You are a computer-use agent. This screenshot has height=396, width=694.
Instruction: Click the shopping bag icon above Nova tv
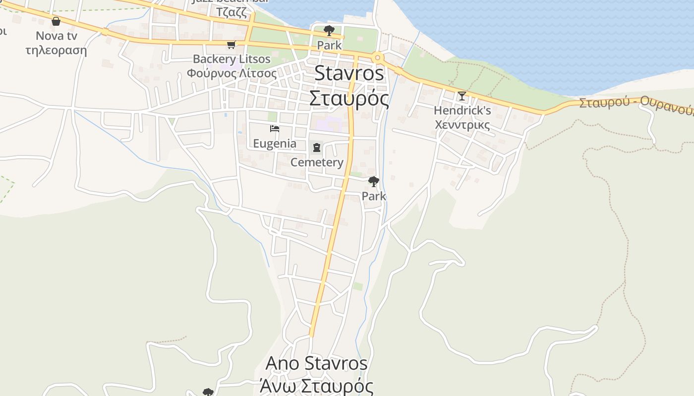[56, 21]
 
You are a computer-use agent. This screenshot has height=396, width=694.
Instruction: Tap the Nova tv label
[57, 36]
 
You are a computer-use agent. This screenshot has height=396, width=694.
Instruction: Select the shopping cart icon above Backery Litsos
[231, 45]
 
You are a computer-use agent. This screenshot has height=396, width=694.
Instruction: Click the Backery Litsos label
[231, 59]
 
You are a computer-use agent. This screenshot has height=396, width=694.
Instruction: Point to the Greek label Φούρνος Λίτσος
[231, 73]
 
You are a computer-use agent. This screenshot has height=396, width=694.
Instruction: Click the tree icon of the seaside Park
[329, 31]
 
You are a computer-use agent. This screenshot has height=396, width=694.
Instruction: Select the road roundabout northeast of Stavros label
[378, 57]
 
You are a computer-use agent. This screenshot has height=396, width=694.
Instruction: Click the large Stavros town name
[349, 73]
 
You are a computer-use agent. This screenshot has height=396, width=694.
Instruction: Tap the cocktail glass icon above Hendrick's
[462, 96]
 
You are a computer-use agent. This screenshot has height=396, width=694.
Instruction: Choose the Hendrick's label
[462, 110]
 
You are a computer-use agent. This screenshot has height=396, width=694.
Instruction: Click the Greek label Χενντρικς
[462, 124]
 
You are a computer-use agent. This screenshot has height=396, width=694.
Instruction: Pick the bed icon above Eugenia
[275, 129]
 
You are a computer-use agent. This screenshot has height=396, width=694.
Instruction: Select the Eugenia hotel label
[275, 144]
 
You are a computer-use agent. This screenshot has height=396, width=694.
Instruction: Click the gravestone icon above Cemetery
[317, 148]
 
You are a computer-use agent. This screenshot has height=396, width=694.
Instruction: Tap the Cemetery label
[317, 162]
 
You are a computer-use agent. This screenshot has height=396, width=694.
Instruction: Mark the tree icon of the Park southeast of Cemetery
[374, 181]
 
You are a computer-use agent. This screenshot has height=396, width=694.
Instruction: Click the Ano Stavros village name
[316, 363]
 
